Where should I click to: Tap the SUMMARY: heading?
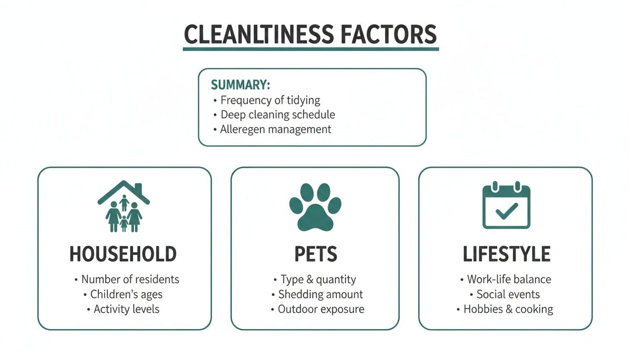[x=240, y=85]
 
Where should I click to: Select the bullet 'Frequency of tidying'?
[x=270, y=100]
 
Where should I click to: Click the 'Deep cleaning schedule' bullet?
[x=277, y=114]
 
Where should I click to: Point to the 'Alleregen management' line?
[x=276, y=129]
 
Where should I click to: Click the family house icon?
[x=124, y=207]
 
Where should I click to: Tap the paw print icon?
[x=315, y=207]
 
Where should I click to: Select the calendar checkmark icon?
[x=506, y=206]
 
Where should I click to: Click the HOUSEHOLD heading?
[x=123, y=254]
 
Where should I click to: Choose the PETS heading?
[x=315, y=254]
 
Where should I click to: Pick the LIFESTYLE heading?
[x=506, y=254]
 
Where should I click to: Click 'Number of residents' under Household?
[x=130, y=279]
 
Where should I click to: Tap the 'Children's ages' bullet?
[x=126, y=294]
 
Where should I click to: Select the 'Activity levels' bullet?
[x=126, y=309]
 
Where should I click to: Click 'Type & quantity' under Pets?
[x=318, y=279]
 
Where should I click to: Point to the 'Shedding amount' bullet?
[x=321, y=294]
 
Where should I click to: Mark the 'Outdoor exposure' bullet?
[x=321, y=309]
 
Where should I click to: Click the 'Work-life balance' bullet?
[x=509, y=279]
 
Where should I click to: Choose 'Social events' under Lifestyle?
[x=508, y=294]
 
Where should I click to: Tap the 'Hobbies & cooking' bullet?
[x=508, y=309]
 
